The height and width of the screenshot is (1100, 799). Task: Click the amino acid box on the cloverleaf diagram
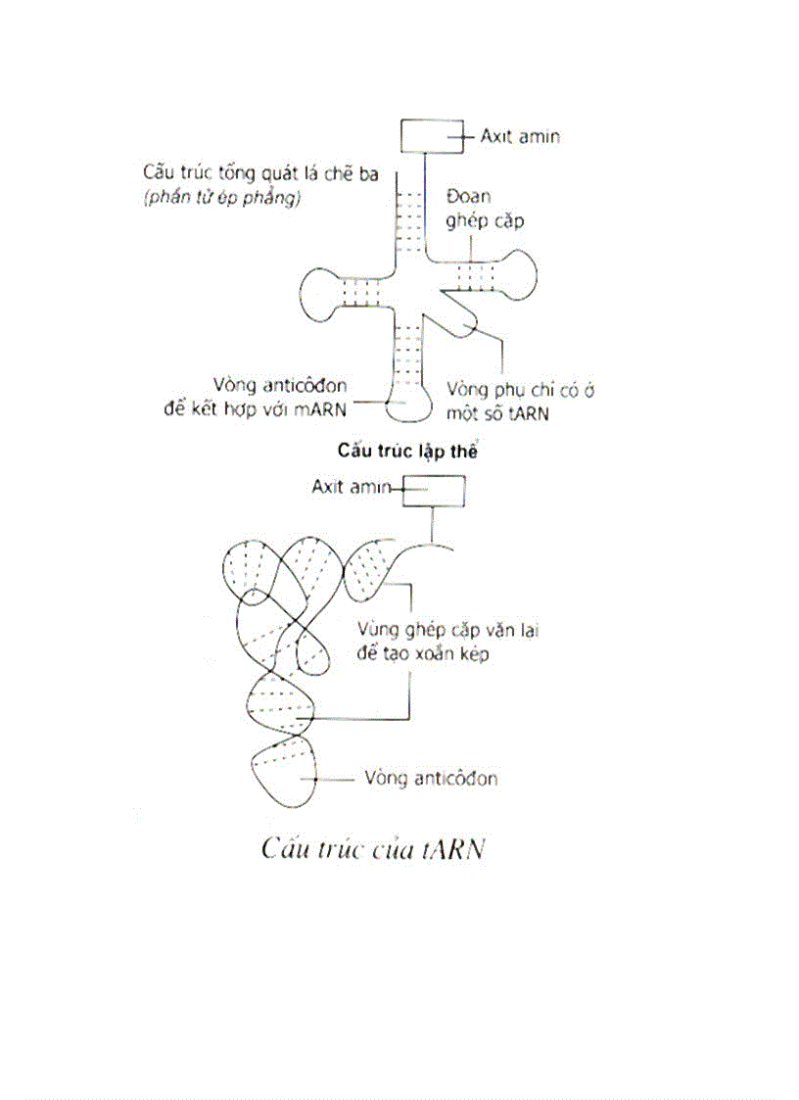[x=430, y=136]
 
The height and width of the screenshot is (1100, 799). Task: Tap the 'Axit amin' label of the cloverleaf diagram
[x=519, y=136]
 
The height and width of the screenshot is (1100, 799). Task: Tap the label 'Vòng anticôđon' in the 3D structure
[x=430, y=779]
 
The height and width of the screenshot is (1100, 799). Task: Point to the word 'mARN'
[x=323, y=408]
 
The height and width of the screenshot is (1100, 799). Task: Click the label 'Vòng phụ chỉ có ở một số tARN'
[x=521, y=402]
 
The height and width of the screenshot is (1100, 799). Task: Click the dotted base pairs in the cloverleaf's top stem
[x=407, y=217]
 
